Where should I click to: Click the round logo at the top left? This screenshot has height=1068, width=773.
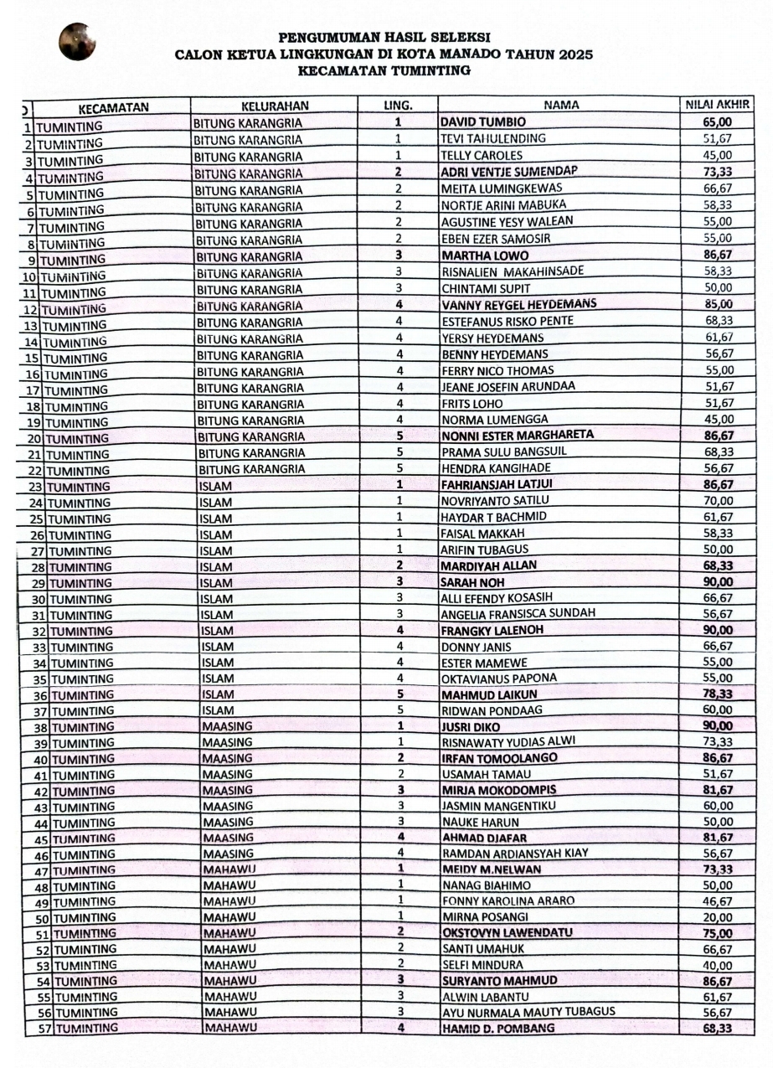click(x=77, y=42)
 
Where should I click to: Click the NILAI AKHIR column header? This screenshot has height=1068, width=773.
click(x=718, y=106)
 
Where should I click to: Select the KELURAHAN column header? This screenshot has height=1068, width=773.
click(x=275, y=106)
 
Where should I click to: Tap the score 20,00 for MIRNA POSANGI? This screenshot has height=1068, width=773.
click(x=718, y=916)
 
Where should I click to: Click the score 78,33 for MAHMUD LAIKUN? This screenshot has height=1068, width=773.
click(x=718, y=694)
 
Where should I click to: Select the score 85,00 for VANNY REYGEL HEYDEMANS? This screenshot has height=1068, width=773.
click(x=718, y=304)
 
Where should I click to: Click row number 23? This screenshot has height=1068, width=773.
click(x=36, y=487)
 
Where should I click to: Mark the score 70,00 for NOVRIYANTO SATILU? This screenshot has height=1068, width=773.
click(x=718, y=501)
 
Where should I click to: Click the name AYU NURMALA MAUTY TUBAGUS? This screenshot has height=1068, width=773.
click(x=528, y=1012)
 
